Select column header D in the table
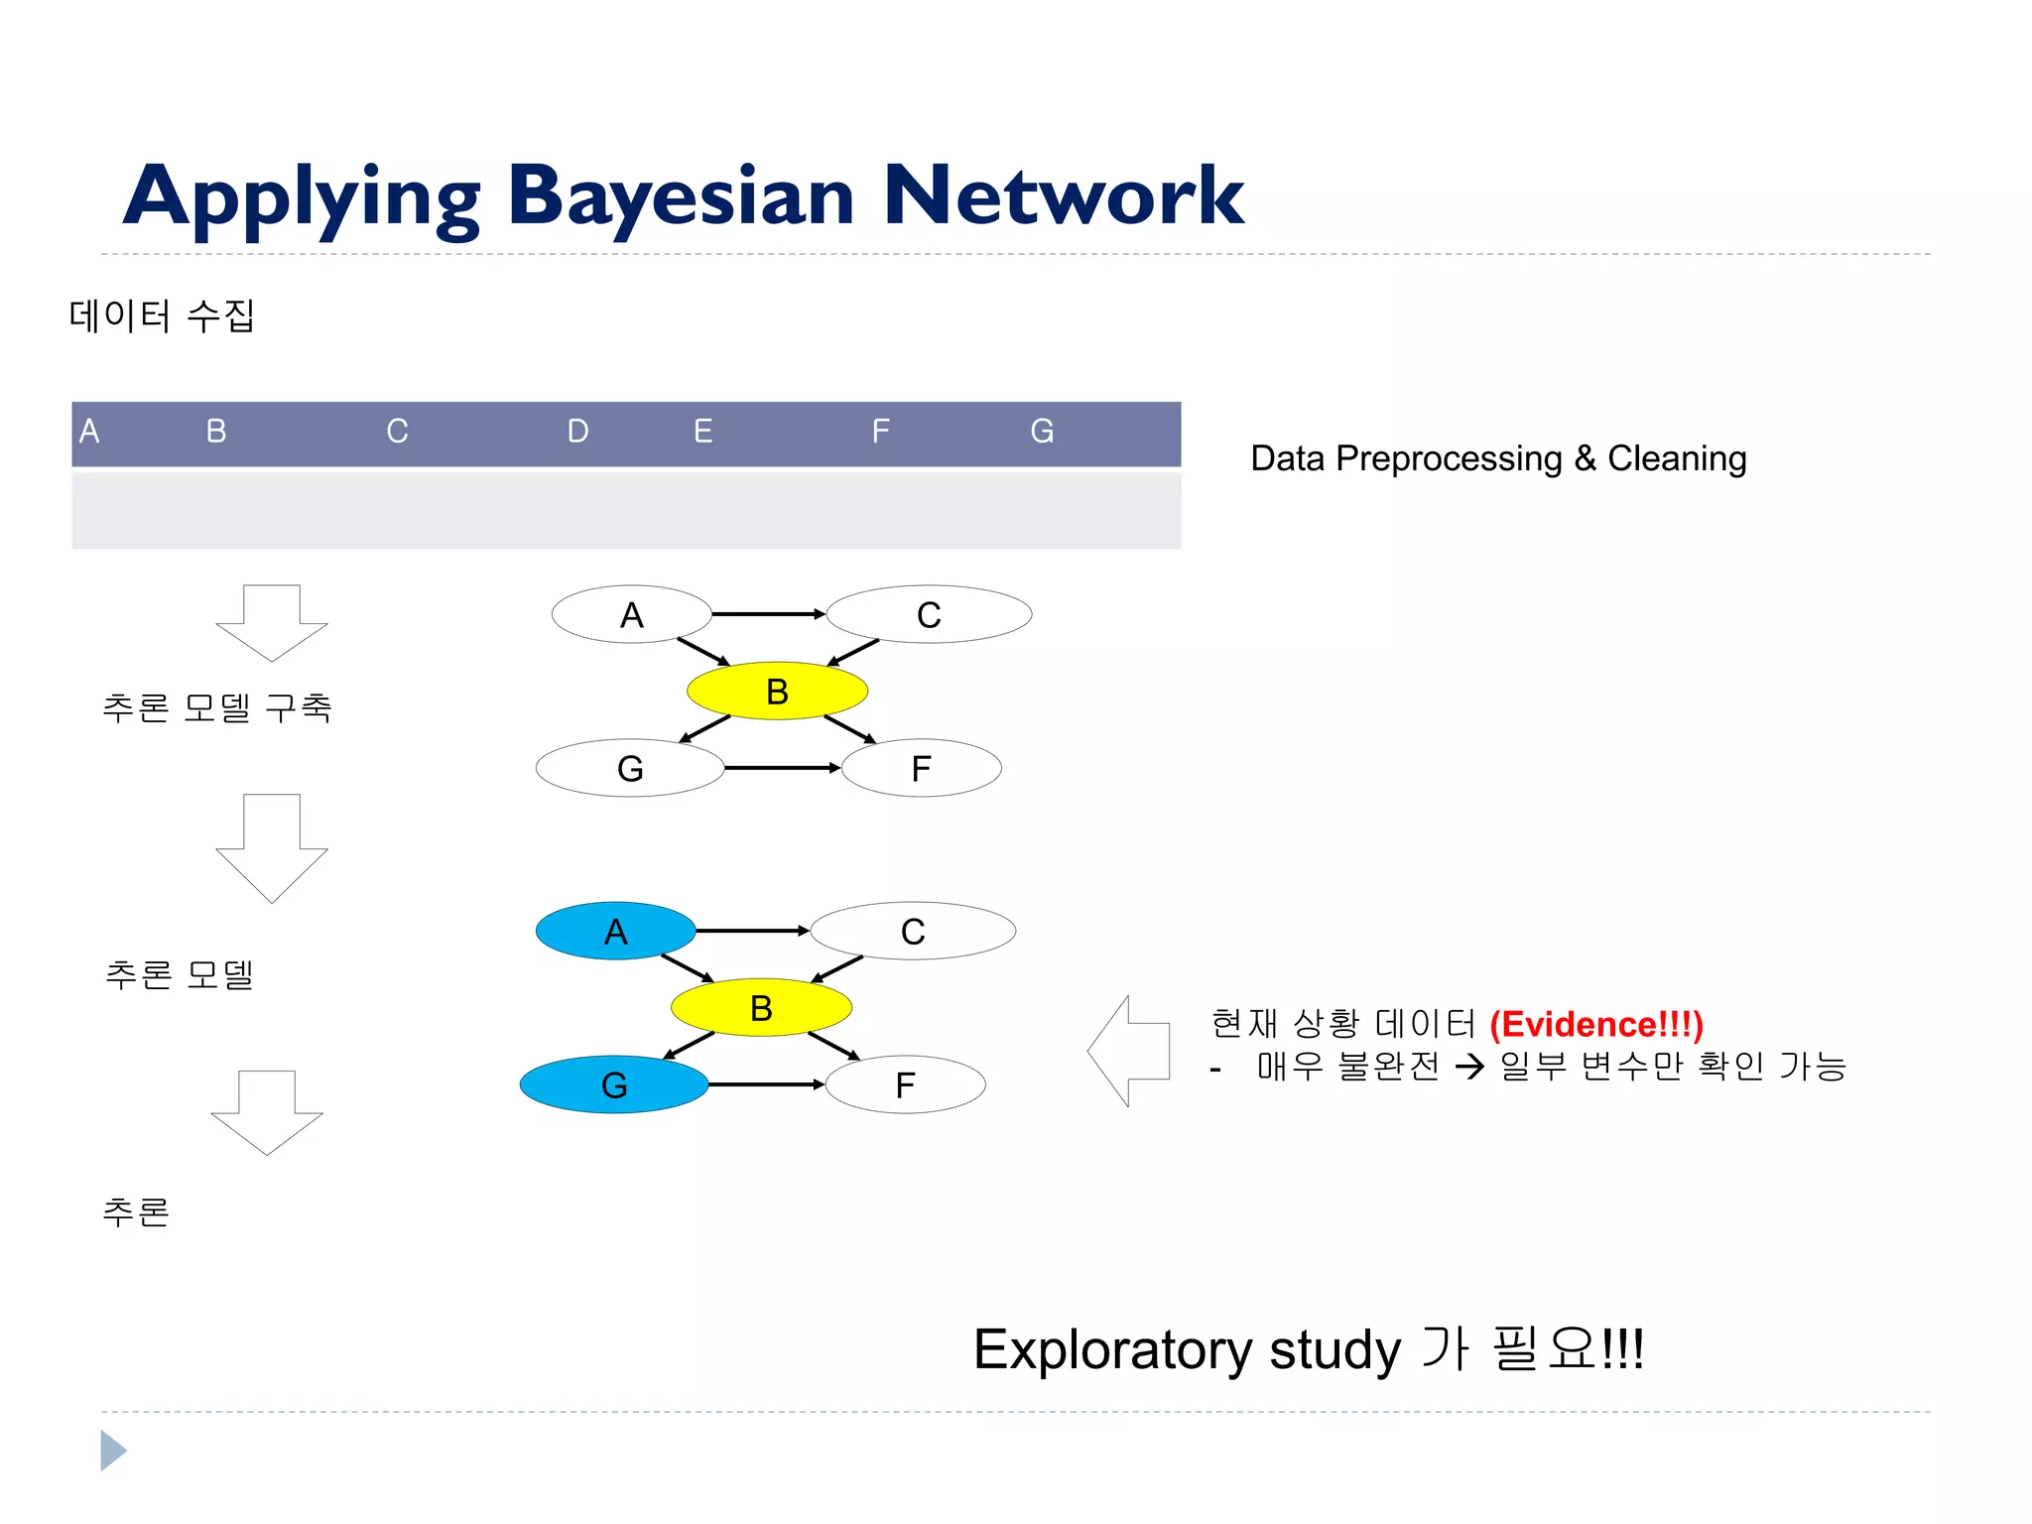click(577, 432)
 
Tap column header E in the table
click(702, 432)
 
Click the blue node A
click(615, 931)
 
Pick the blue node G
click(613, 1084)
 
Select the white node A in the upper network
click(631, 615)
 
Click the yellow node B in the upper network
click(777, 692)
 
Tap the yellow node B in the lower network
click(761, 1008)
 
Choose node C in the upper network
click(929, 615)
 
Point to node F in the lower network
click(905, 1084)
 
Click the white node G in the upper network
click(630, 768)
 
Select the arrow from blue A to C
click(752, 931)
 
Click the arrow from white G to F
click(782, 768)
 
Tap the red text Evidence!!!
click(1595, 1024)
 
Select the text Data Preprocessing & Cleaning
click(1498, 458)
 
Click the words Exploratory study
click(1186, 1349)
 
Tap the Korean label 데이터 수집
click(162, 316)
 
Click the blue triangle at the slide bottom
click(112, 1451)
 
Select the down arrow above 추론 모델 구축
click(271, 622)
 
